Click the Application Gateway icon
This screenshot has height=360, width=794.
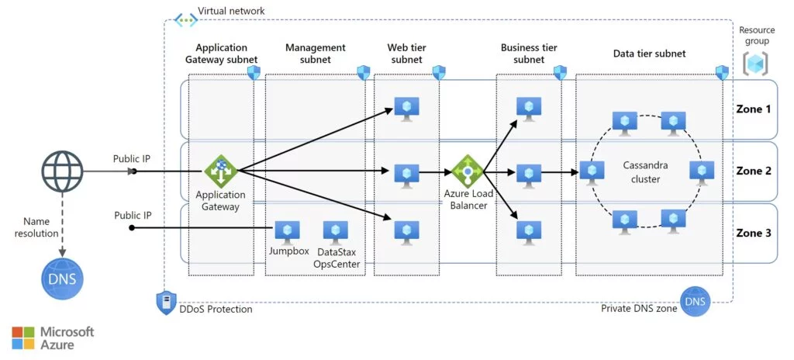coord(220,171)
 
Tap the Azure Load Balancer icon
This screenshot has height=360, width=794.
coord(468,171)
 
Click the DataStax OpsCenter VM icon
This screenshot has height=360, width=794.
coord(335,230)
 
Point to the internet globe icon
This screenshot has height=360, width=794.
coord(61,171)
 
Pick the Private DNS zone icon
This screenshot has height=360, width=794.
coord(694,301)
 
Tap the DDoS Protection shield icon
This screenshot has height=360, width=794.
coord(165,303)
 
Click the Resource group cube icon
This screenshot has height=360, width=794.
coord(755,64)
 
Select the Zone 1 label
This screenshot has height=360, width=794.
coord(753,109)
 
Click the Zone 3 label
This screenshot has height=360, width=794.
coord(753,234)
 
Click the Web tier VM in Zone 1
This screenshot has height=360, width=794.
coord(406,109)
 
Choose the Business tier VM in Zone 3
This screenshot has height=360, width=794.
coord(529,230)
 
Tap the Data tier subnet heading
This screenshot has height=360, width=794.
coord(649,54)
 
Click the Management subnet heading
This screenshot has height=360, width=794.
coord(315,54)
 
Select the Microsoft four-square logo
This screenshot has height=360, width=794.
coord(23,337)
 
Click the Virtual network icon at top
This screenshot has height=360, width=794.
coord(185,19)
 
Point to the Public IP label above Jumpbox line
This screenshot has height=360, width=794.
coord(132,215)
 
